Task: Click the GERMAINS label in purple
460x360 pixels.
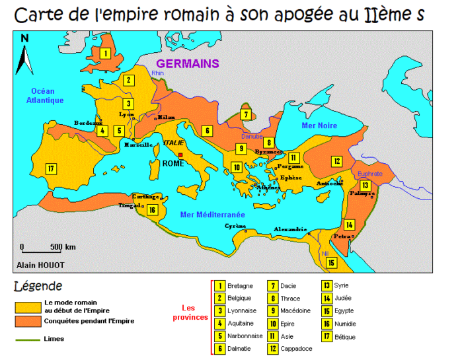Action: coord(187,64)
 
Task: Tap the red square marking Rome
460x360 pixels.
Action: coord(180,156)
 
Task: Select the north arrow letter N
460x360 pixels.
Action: coord(25,38)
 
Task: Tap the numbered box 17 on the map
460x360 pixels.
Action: coord(50,168)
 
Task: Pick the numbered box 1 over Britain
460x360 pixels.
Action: coord(105,53)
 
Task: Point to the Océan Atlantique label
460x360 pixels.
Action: coord(44,96)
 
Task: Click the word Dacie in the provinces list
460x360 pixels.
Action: coord(288,286)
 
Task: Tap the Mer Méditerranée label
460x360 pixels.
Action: coord(212,215)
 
